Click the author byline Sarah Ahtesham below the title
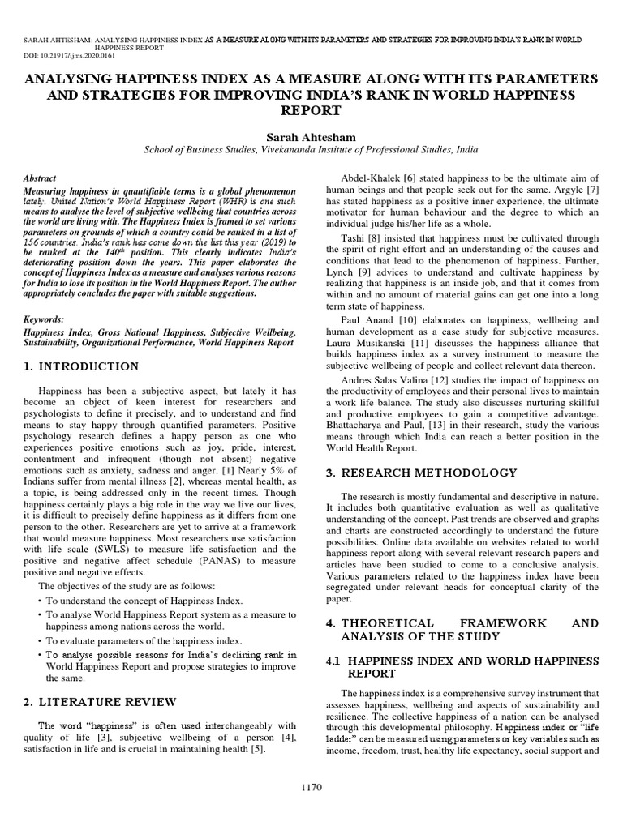(x=311, y=135)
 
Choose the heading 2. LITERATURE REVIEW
(x=99, y=700)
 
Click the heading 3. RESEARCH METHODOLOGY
(x=421, y=472)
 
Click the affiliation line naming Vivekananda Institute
(x=311, y=150)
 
